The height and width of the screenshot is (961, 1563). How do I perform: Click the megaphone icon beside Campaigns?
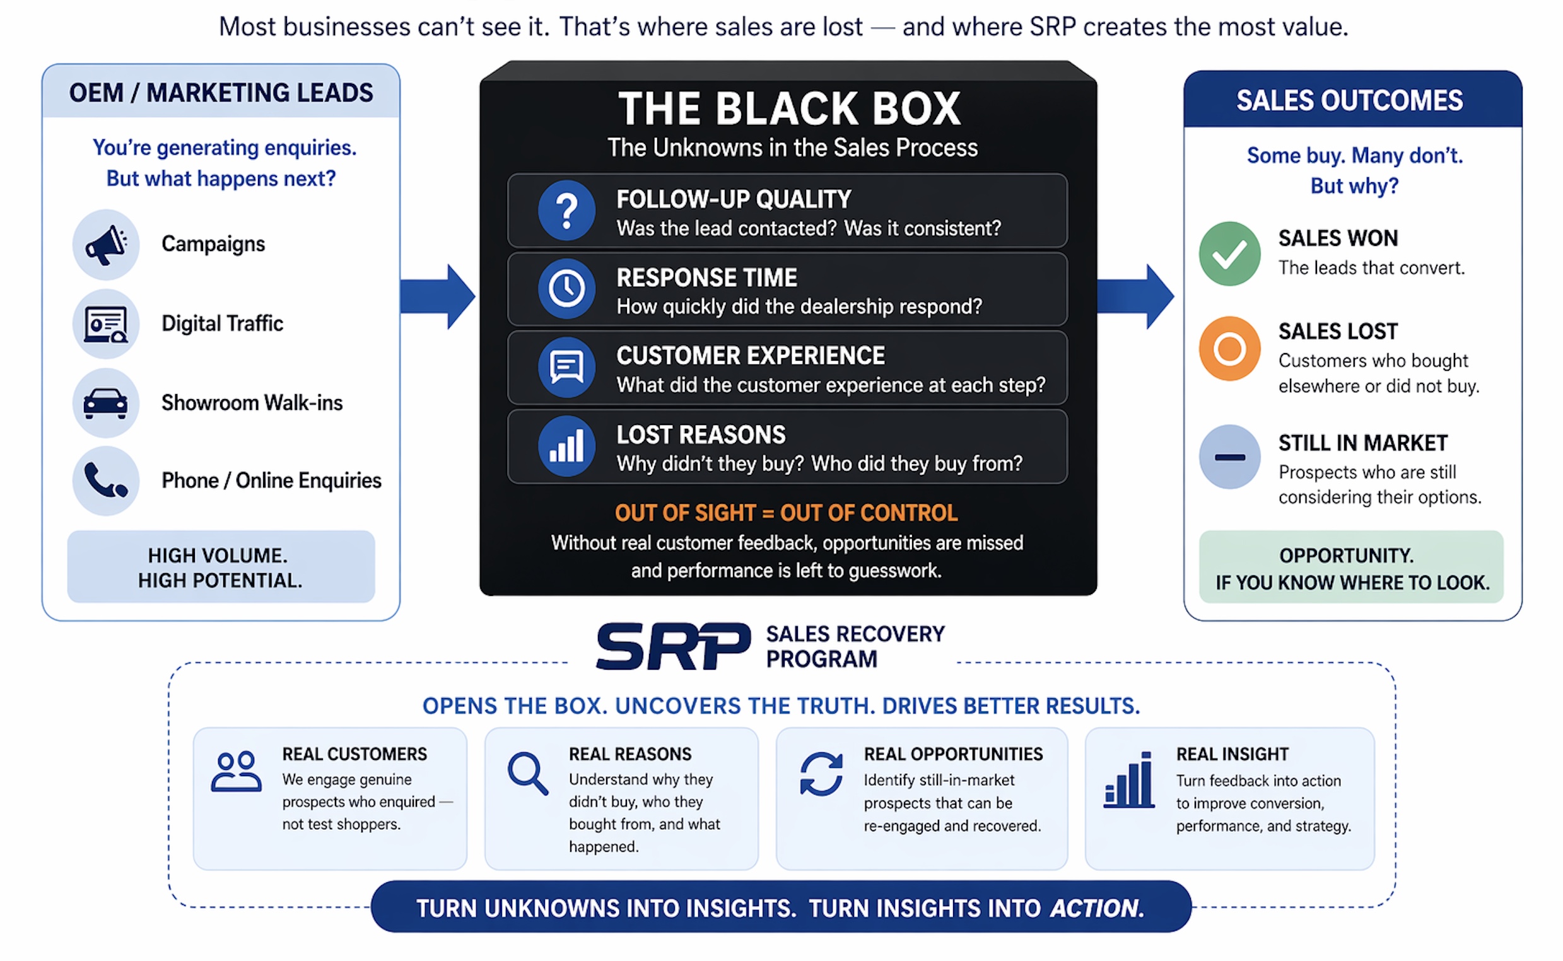click(x=105, y=244)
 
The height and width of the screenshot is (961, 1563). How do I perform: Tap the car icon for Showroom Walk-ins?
click(x=105, y=402)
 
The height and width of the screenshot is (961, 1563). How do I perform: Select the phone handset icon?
click(x=105, y=480)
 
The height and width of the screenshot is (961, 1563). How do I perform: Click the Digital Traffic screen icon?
click(x=105, y=324)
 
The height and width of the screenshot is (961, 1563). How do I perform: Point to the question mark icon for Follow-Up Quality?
click(x=566, y=211)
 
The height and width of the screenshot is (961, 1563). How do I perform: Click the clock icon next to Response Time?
click(x=566, y=289)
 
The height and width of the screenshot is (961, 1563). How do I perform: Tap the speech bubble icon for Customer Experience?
click(x=566, y=368)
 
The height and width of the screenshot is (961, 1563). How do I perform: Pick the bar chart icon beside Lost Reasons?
click(x=566, y=446)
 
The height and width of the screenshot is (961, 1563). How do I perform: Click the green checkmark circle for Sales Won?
click(x=1229, y=253)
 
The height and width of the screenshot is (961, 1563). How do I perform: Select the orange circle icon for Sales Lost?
click(x=1229, y=348)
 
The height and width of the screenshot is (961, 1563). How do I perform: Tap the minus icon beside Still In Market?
click(x=1229, y=457)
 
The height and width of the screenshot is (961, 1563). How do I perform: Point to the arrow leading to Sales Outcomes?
click(x=1136, y=296)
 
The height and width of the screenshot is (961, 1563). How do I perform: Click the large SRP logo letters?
click(x=672, y=646)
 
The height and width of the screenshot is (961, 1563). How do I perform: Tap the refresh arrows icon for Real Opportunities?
click(x=821, y=774)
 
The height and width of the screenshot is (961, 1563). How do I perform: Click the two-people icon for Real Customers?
click(x=236, y=772)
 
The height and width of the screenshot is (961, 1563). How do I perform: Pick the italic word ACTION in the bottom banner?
click(x=1096, y=908)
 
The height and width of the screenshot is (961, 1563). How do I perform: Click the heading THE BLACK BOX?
click(x=789, y=108)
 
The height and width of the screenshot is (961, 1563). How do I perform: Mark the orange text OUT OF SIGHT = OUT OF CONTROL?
click(x=787, y=513)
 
